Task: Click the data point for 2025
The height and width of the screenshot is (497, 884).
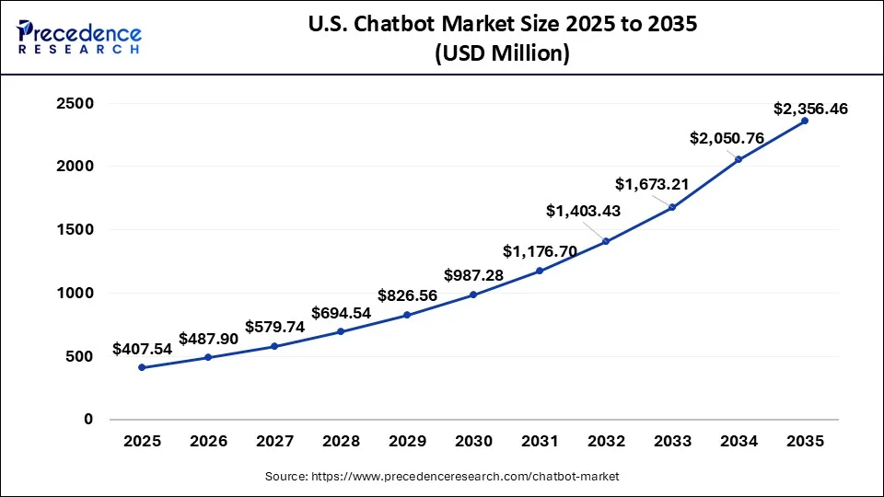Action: [142, 367]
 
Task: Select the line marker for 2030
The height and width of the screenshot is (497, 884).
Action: [473, 295]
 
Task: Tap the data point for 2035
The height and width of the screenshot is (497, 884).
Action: [805, 121]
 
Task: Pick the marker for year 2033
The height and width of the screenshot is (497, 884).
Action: [672, 207]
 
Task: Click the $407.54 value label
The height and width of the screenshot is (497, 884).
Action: [142, 349]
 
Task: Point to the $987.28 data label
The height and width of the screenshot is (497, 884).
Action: [473, 275]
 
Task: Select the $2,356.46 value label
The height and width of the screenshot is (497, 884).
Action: [810, 109]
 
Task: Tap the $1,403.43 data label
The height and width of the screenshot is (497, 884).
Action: [583, 212]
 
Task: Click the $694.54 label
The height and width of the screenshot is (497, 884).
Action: [341, 313]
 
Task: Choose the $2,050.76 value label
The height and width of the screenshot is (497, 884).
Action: [727, 138]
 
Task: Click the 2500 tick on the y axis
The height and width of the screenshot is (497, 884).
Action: [76, 104]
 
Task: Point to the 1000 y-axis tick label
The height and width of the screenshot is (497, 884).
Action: [76, 294]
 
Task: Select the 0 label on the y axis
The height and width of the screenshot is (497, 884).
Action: [88, 420]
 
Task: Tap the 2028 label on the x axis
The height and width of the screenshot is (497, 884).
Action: [341, 442]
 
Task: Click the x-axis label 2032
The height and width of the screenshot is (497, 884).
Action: [606, 442]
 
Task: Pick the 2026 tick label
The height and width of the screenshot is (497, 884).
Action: [208, 442]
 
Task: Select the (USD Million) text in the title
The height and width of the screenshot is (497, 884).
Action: [502, 54]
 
